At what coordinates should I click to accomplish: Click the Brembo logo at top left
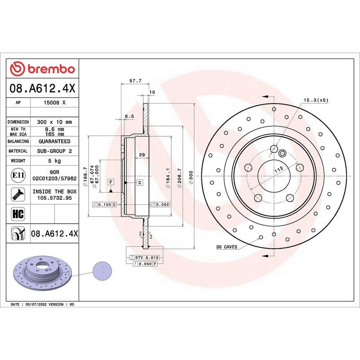click(42, 69)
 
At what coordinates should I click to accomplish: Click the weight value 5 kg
click(54, 161)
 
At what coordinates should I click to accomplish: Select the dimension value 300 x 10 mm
click(54, 122)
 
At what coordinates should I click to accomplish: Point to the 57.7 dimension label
click(135, 81)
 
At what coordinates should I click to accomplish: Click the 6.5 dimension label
click(129, 116)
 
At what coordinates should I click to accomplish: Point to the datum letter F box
click(110, 182)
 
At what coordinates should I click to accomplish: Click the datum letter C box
click(140, 182)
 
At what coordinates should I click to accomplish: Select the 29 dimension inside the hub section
click(142, 155)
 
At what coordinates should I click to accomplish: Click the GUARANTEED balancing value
click(54, 141)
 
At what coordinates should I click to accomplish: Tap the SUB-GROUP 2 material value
click(54, 151)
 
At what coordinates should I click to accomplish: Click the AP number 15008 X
click(54, 103)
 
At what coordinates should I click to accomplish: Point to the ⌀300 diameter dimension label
click(191, 175)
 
